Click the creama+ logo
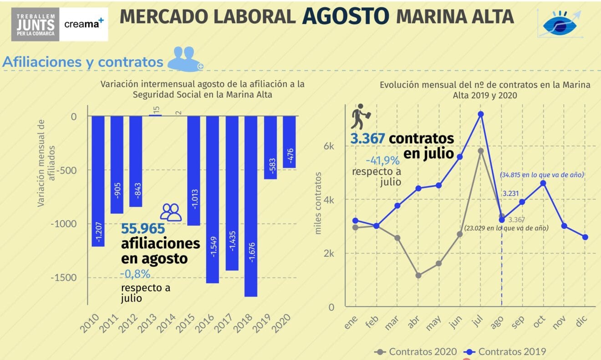(84, 24)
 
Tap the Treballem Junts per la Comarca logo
(36, 24)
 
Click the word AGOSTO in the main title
(346, 16)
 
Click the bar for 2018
(251, 206)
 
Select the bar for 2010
(98, 181)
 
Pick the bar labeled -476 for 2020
(289, 142)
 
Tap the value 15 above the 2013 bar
(156, 110)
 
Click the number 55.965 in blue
(143, 228)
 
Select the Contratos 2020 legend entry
(415, 351)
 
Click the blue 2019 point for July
(480, 114)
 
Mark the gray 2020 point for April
(418, 275)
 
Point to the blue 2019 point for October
(543, 183)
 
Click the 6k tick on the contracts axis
(329, 146)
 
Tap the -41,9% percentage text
(382, 161)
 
